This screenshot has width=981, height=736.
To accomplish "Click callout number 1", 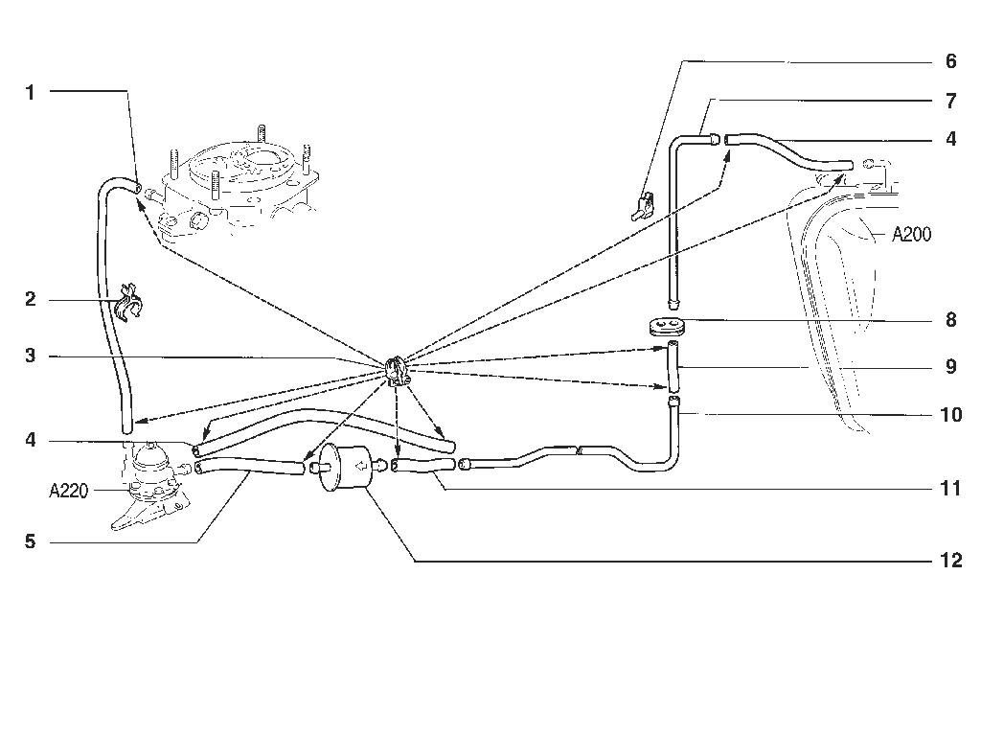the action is point(30,93).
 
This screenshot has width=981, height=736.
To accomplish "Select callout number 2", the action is point(30,299).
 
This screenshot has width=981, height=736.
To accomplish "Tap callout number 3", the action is point(30,356).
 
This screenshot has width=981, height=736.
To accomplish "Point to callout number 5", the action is point(30,541).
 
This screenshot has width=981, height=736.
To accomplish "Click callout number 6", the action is point(951,61).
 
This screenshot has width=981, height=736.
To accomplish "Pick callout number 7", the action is point(951,101).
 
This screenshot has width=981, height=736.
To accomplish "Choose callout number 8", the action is point(951,320).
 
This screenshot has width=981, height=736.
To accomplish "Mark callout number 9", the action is point(951,366).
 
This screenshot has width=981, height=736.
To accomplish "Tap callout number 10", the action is point(951,414).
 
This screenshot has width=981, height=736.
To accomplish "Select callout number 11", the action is point(951,488).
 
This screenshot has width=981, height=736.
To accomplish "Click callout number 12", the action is point(951,560).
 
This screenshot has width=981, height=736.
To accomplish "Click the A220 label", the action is point(68,492).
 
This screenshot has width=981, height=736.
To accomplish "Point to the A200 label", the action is point(911,235).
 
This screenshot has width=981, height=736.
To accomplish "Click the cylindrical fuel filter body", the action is point(345,467).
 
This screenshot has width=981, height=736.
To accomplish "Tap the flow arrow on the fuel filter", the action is point(361,466).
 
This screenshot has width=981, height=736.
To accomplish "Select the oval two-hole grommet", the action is point(666,327).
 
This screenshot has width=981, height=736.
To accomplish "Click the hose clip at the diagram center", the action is point(397,371).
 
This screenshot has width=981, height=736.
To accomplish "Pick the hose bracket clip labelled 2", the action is point(130,303).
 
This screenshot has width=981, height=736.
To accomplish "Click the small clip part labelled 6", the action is point(643,208).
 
